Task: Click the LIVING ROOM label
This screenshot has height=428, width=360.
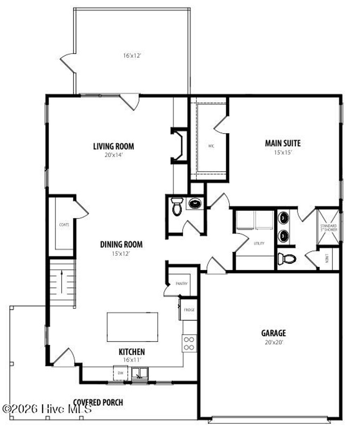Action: (113, 146)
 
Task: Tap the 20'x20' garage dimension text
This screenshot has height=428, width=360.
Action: (273, 342)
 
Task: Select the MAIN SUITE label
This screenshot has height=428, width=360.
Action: (283, 143)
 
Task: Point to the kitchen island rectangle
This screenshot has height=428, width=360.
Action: (132, 327)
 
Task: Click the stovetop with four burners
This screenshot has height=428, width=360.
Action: (189, 343)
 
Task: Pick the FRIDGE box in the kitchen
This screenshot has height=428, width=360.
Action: (189, 310)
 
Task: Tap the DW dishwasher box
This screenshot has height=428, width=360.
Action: (120, 373)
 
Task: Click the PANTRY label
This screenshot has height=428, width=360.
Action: (181, 284)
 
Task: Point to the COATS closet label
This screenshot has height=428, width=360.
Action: (64, 225)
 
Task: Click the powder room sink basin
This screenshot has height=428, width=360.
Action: (194, 203)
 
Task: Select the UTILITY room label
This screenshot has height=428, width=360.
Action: (259, 243)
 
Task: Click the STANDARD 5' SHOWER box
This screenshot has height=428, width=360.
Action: (328, 227)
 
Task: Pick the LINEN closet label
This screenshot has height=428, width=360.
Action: (327, 259)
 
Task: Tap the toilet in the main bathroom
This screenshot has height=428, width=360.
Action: (287, 259)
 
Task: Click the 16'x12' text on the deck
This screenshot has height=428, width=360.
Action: (132, 55)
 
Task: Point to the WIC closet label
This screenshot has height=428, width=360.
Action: (211, 146)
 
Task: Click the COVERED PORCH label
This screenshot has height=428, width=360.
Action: (98, 402)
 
